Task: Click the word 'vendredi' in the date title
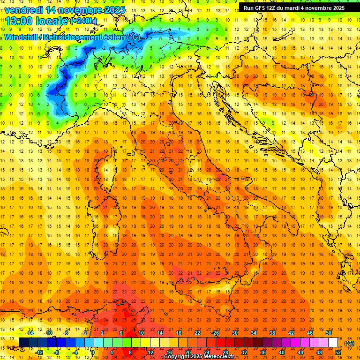tap(24, 10)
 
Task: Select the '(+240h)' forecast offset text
tap(83, 21)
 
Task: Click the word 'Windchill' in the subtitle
tap(22, 37)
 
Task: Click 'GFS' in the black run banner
tap(262, 8)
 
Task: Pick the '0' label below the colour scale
tap(93, 352)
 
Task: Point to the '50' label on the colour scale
tap(328, 333)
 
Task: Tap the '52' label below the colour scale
tap(337, 352)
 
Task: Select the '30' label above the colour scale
tap(234, 333)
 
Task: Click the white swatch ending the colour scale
tap(333, 343)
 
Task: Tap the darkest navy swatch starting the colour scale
tap(23, 343)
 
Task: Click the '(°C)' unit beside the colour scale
tap(349, 343)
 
